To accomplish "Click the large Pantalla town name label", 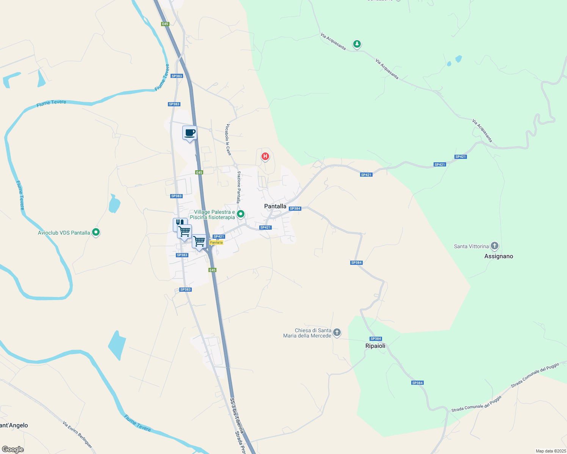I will coord(275,206).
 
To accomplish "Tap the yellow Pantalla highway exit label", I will coord(216,243).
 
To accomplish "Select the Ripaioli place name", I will coord(375,346).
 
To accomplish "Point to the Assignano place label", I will coord(498,256).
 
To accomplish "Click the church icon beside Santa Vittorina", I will coord(494,246).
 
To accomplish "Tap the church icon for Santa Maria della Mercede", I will coord(337,332).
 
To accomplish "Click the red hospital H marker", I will coord(265,156).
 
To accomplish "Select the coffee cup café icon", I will coord(190,133).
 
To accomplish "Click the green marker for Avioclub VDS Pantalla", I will coord(96,232).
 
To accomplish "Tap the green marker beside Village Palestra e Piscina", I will coord(240,215).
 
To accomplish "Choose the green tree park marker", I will coord(357,44).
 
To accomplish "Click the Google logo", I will coord(13,449).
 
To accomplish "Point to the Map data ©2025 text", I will coord(550,451).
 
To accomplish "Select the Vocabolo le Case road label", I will coord(228,140).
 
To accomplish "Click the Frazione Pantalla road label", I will coord(239,187).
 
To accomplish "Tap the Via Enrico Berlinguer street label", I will coord(77,435).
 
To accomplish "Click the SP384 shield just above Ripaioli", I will coord(376,339).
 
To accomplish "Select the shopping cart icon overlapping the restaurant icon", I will coord(185,231).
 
